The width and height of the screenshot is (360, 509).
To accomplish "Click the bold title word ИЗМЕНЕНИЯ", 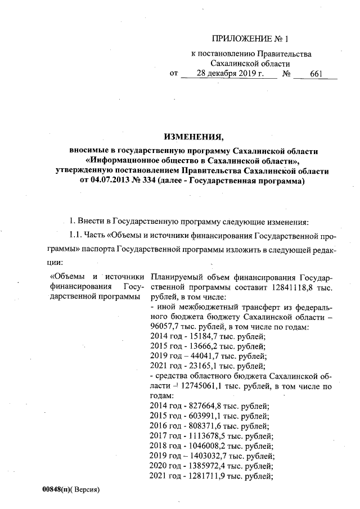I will point(193,137).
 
